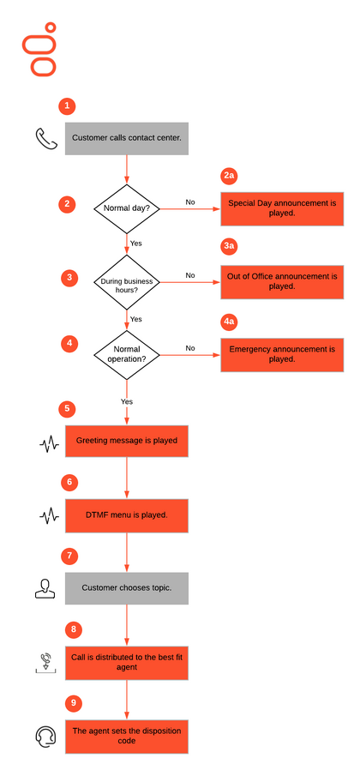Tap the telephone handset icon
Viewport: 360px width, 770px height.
[x=46, y=139]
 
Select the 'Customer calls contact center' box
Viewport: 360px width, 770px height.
[x=127, y=139]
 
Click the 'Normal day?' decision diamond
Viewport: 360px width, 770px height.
[x=127, y=208]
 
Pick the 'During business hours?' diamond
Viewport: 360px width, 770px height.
[x=127, y=282]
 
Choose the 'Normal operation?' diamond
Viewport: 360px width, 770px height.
[x=127, y=354]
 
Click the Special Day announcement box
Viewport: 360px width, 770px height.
[x=282, y=208]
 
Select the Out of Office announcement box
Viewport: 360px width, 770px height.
[x=282, y=282]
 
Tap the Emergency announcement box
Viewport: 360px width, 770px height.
[x=282, y=354]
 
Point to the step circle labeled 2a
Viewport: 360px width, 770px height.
[x=229, y=176]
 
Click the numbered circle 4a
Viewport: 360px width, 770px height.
[x=229, y=322]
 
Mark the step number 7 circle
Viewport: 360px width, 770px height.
[x=69, y=556]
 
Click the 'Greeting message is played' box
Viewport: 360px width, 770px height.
[x=127, y=441]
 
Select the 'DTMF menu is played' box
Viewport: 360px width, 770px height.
[x=127, y=515]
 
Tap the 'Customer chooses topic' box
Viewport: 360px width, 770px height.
[x=127, y=588]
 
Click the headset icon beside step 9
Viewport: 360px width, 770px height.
[x=46, y=737]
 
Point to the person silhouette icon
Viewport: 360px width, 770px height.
[x=45, y=588]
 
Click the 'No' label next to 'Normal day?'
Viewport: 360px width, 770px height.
[x=190, y=202]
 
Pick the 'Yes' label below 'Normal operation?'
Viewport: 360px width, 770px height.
[x=127, y=401]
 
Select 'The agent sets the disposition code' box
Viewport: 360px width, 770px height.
[x=127, y=736]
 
